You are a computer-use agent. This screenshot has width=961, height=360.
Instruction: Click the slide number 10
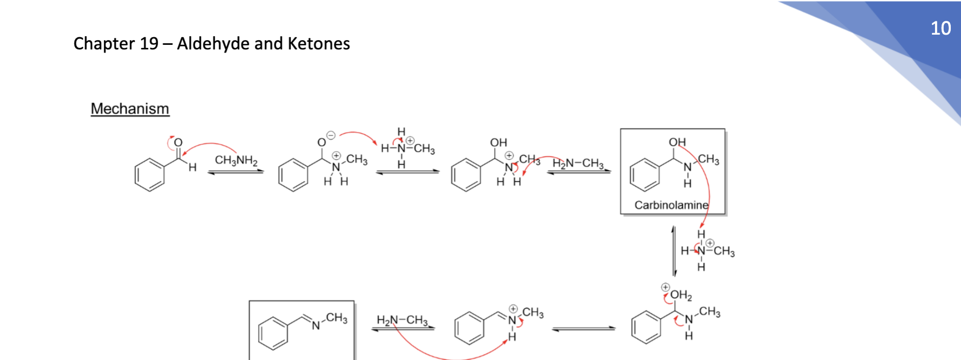tap(941, 28)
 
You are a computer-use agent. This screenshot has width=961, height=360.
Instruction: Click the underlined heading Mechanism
tap(130, 108)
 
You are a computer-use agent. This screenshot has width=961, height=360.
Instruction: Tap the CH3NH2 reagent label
tap(236, 160)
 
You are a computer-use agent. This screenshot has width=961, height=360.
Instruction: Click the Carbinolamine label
tap(671, 205)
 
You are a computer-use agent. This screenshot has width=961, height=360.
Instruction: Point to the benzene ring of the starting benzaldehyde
tap(150, 175)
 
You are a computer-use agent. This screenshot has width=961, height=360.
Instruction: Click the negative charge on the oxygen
tap(331, 135)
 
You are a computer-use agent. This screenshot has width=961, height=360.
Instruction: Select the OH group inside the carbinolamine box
tap(677, 142)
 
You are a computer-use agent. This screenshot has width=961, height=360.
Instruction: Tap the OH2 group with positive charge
tap(681, 295)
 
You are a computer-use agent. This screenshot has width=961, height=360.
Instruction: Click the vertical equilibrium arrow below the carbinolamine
tap(674, 251)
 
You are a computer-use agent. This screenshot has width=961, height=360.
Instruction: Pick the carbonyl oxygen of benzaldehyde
tap(178, 143)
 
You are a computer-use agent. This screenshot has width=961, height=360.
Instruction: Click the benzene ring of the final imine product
tap(273, 333)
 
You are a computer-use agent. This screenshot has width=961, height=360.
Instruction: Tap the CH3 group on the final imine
tap(337, 318)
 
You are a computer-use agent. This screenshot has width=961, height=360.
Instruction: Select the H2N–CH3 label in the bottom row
tap(402, 320)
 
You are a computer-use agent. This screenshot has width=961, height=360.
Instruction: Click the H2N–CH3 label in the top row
tap(578, 163)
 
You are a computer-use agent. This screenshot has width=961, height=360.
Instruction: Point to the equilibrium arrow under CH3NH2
tap(236, 172)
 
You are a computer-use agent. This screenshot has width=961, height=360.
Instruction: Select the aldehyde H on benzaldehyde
tap(192, 167)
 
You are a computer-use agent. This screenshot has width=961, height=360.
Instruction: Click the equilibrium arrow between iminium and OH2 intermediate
tap(583, 329)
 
